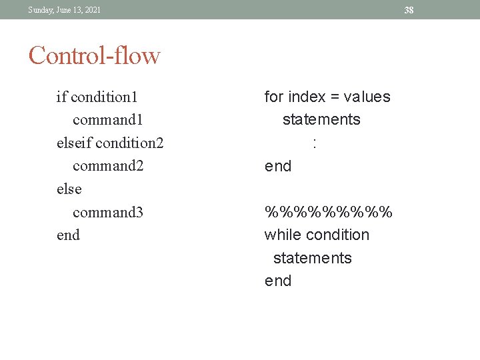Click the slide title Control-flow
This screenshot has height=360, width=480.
pos(94,55)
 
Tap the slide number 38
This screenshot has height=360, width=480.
pos(409,10)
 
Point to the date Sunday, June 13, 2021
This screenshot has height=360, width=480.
pos(65,10)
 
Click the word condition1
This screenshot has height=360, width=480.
pos(104,97)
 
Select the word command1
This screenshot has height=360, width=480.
pos(108,120)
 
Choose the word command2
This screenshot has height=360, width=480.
pos(108,166)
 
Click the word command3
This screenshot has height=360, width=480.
pos(108,213)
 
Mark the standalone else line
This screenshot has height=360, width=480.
pos(69,189)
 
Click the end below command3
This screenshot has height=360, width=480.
pos(68,235)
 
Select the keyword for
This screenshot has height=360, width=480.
pos(274,97)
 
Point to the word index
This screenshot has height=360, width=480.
pos(307,97)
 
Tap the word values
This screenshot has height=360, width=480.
pos(367,97)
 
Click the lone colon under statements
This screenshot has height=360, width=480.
pos(313,143)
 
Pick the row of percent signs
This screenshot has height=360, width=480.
pos(329,213)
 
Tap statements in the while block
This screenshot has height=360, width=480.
pos(312,259)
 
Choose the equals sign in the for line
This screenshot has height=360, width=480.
pos(337,97)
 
